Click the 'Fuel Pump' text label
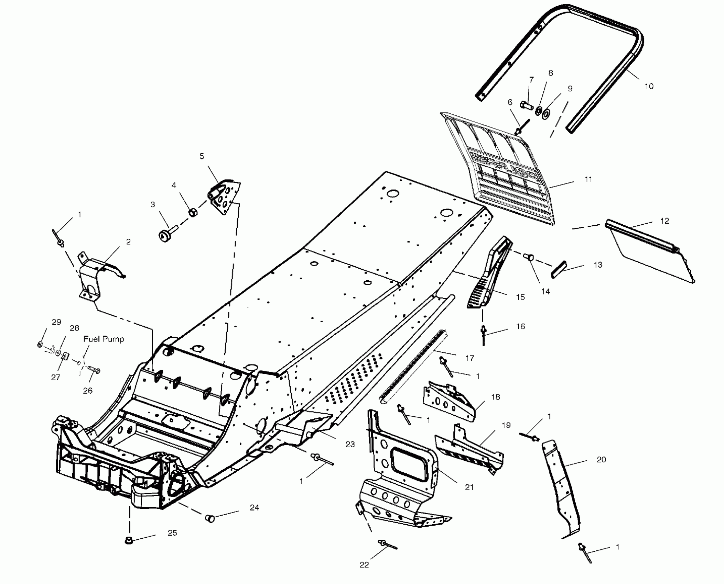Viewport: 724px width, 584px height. (104, 339)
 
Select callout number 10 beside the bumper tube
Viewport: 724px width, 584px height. (648, 86)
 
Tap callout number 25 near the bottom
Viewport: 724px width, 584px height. (172, 533)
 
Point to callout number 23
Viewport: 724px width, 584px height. (350, 444)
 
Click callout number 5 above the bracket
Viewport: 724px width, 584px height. (202, 156)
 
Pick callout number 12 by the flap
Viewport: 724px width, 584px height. (664, 221)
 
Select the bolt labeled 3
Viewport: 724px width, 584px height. (166, 234)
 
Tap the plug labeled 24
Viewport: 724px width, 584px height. (210, 518)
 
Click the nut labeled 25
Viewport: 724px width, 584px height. (129, 540)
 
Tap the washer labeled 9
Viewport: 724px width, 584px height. (545, 114)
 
